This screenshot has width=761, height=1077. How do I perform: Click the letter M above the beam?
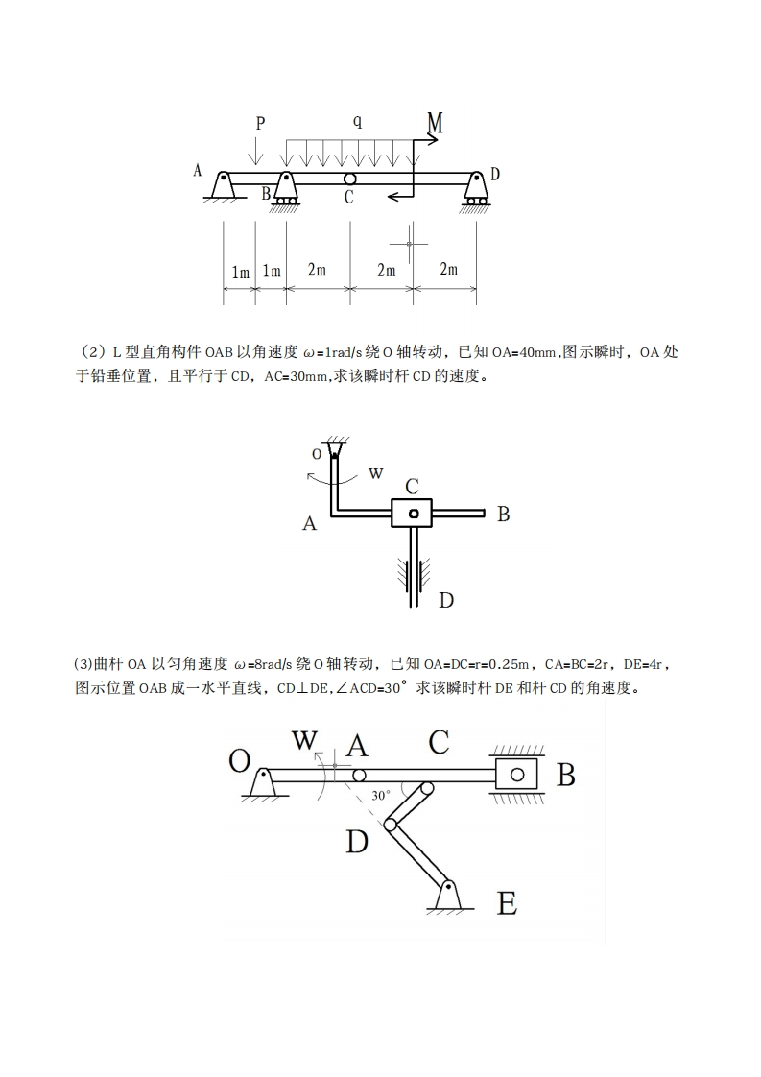pos(435,123)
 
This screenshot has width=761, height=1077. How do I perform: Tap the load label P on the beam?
pos(260,123)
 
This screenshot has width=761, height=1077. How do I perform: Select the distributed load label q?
pos(357,121)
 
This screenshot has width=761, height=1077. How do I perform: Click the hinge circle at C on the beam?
pos(349,179)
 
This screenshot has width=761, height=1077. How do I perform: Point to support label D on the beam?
pos(495,174)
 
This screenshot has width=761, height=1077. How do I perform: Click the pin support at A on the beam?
pos(223,186)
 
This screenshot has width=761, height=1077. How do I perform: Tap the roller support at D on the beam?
pos(475,188)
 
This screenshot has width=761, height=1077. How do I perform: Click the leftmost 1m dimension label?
pos(240,272)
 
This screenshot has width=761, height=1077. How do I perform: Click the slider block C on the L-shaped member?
pos(414,514)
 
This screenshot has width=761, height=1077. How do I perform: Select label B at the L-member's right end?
pos(503,515)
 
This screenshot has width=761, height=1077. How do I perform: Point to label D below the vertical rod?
pos(446,601)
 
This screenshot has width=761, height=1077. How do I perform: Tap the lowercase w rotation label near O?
pos(376,472)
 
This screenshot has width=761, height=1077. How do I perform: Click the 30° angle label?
pos(381,796)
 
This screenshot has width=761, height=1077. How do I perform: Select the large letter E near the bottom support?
pos(507,903)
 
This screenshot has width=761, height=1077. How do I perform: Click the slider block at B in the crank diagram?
pos(517,775)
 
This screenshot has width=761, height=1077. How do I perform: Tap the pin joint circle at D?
pos(392,824)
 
